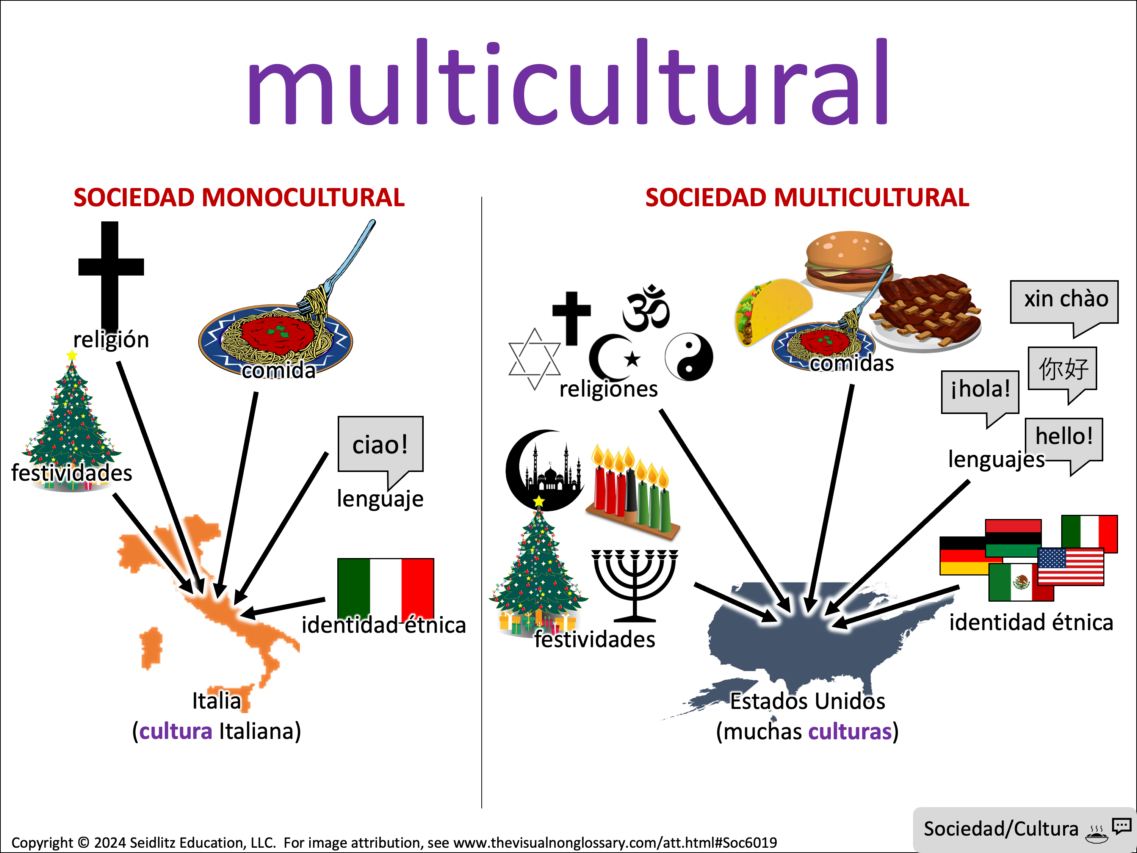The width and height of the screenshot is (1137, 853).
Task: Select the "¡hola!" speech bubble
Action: click(980, 392)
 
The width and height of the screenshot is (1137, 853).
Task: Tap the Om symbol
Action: click(646, 309)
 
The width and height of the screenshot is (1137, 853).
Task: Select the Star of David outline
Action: click(534, 359)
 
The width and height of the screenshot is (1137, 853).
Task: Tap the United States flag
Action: click(1071, 567)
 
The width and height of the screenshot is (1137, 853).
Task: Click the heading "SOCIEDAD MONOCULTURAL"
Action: click(239, 198)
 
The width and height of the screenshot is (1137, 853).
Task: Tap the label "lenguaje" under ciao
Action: click(381, 499)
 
